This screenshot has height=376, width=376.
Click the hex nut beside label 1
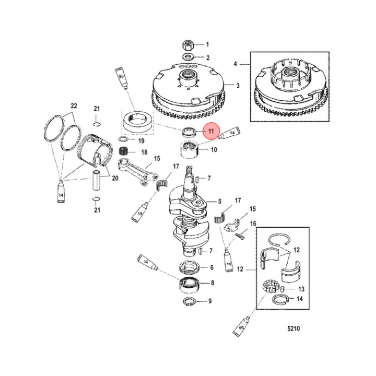[188, 44]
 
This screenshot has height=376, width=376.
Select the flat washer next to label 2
[188, 57]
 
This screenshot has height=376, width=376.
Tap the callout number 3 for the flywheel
[238, 86]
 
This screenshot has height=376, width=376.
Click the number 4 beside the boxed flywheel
[236, 64]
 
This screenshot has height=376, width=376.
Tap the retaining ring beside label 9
[189, 302]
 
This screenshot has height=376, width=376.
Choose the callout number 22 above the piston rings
[74, 106]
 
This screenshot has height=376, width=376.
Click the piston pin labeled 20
[97, 179]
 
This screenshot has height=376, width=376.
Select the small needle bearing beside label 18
[124, 151]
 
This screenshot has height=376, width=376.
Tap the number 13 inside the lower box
[300, 289]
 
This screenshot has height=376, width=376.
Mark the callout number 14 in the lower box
[300, 299]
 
